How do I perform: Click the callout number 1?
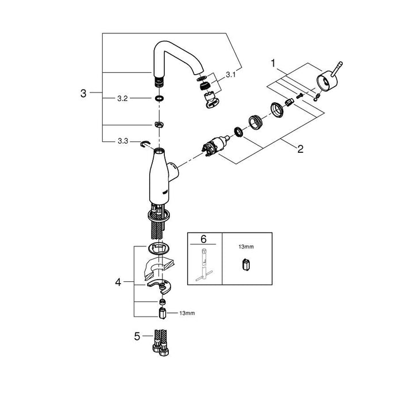pos(273,63)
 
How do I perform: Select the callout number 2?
pos(300,149)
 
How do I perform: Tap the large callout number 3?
pos(83,93)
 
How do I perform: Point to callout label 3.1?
pos(230,75)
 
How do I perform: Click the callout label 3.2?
pos(122,98)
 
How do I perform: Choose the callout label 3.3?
pos(123,141)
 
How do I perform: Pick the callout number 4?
pos(118,283)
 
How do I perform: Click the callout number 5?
pos(137,336)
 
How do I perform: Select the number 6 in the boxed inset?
pos(203,239)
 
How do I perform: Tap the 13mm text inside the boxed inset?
pos(246,246)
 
